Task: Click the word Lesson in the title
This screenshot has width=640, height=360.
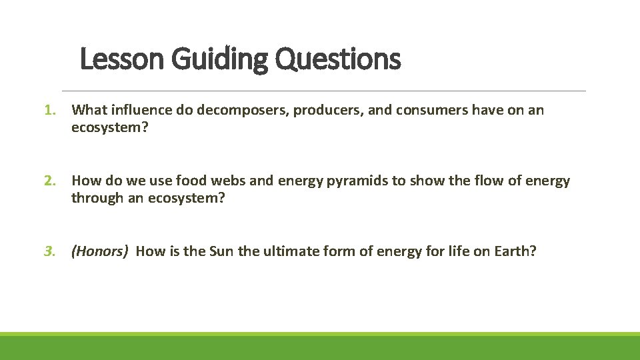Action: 123,59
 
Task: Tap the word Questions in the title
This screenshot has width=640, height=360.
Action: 337,59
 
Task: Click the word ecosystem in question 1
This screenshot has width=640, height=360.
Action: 107,127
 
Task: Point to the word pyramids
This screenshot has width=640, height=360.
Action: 359,181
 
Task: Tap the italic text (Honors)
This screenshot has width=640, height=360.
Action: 100,251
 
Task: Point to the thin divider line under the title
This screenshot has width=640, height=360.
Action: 323,91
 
